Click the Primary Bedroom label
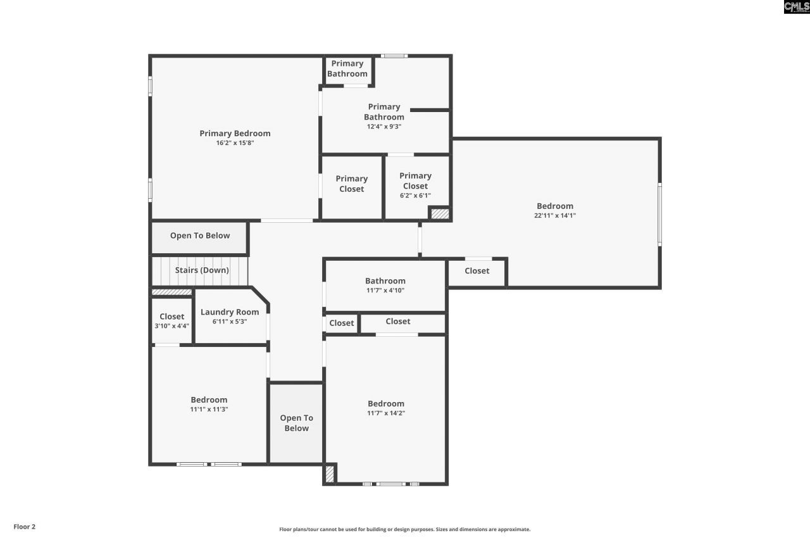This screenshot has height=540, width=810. (235, 133)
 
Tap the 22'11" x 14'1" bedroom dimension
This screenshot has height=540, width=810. (554, 215)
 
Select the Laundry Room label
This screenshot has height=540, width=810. (230, 311)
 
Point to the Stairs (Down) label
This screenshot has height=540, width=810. (202, 270)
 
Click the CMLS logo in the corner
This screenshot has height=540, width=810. (796, 7)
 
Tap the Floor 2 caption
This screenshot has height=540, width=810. (25, 527)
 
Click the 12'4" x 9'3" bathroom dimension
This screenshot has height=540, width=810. (384, 126)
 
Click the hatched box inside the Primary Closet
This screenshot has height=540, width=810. (439, 213)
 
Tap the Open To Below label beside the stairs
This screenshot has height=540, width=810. (200, 235)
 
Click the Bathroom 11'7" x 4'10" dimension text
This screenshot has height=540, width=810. (385, 291)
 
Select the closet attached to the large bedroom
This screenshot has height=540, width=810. (477, 271)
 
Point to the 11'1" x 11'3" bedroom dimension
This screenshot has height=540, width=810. (209, 409)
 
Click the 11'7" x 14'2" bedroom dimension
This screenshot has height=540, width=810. (386, 413)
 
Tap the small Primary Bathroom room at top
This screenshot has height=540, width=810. (347, 68)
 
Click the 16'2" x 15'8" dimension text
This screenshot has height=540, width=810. (235, 143)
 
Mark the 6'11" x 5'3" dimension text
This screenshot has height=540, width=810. (230, 322)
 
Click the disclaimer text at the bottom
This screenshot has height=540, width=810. (405, 529)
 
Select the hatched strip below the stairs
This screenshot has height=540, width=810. (171, 292)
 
